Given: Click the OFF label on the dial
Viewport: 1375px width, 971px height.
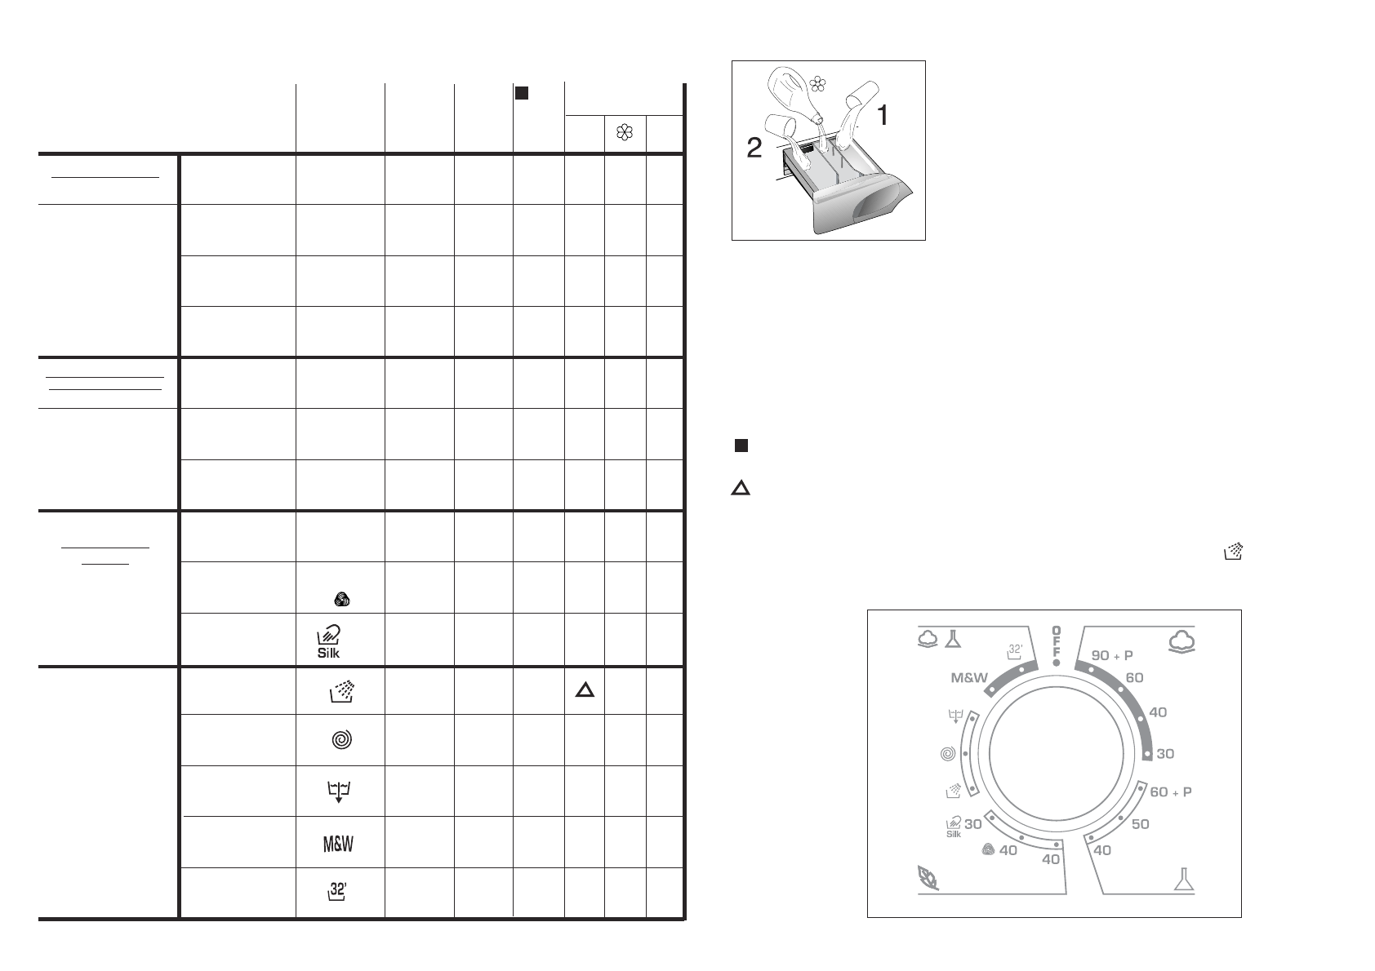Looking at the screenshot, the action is tap(1056, 641).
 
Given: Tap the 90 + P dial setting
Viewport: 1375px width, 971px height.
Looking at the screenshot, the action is tap(1111, 655).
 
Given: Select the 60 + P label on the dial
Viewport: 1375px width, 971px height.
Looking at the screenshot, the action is tap(1171, 791).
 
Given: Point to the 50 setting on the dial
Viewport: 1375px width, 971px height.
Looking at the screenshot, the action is tap(1140, 824).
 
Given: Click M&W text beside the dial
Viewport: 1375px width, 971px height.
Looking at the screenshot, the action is tap(968, 678).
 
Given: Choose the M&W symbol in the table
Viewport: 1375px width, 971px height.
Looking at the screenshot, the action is tap(338, 844).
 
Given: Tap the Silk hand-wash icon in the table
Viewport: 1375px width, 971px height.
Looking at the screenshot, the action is tap(329, 641).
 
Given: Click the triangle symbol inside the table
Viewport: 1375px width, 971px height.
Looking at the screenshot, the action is tap(585, 690).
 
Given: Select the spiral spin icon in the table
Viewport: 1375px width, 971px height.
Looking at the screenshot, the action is tap(341, 740).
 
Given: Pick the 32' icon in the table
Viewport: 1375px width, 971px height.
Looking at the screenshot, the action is tap(337, 891).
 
